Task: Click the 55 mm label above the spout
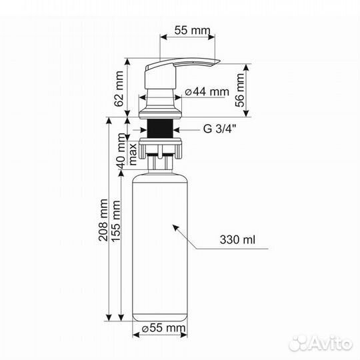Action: pos(192,30)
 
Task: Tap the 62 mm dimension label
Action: pos(119,89)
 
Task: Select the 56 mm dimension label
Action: pos(240,90)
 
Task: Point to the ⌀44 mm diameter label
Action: pos(207,92)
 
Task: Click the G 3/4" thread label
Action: pos(219,129)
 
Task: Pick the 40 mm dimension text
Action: pos(121,151)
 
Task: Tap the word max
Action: pos(133,154)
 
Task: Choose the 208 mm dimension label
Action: pos(103,220)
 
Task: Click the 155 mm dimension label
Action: pos(116,221)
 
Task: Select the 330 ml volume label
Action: pos(237,240)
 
